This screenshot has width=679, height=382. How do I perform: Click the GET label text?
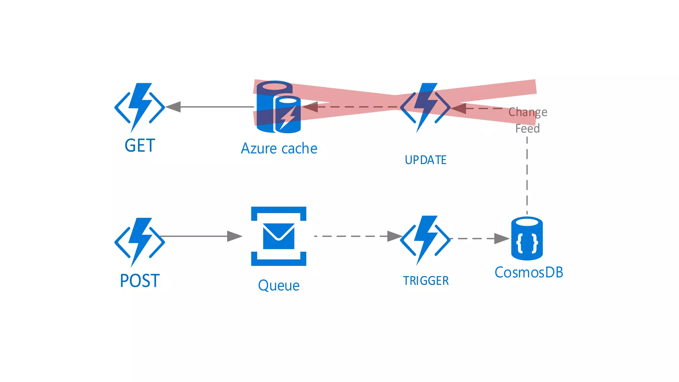tap(140, 146)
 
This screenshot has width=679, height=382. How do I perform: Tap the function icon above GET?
tap(140, 107)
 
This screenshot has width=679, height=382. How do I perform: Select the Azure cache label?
tap(279, 148)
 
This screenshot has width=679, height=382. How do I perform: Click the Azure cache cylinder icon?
tap(278, 107)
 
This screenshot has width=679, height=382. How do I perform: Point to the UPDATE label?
tap(426, 160)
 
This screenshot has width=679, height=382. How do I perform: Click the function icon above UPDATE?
tap(425, 107)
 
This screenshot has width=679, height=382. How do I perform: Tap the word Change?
tap(528, 112)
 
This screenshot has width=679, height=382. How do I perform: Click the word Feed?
tap(527, 128)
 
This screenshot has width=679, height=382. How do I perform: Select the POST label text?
tap(140, 281)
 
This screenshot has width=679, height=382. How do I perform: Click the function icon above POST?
tap(140, 242)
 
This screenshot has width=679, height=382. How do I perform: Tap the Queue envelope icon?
tap(278, 236)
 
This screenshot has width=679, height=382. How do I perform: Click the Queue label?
tap(278, 286)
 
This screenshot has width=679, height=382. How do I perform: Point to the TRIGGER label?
tap(426, 281)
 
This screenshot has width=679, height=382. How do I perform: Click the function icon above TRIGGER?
tap(425, 240)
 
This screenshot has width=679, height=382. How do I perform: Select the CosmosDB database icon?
tap(527, 238)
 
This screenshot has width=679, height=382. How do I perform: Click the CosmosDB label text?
tap(529, 273)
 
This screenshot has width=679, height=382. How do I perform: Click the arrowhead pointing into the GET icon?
tap(173, 107)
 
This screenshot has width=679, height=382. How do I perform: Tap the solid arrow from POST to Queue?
tap(199, 236)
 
